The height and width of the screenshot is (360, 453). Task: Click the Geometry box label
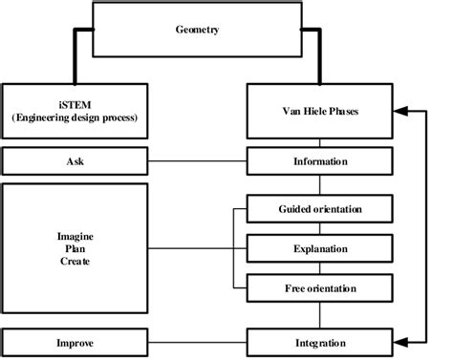198,31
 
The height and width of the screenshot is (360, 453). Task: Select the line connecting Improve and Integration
198,342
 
